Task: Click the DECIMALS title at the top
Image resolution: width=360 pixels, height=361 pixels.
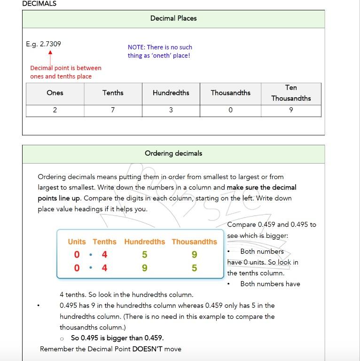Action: click(x=39, y=4)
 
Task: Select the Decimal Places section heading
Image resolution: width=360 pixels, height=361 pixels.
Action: click(x=173, y=18)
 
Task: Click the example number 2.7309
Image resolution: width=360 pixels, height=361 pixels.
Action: click(x=43, y=44)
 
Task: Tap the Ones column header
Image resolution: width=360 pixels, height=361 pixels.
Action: click(x=55, y=93)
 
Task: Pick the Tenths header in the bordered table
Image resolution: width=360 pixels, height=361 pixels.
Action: click(x=113, y=93)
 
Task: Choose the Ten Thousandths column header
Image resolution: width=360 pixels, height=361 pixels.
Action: click(x=291, y=93)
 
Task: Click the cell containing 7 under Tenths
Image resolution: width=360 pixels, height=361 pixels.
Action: click(x=113, y=110)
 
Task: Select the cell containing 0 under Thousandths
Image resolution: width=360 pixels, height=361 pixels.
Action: click(x=230, y=110)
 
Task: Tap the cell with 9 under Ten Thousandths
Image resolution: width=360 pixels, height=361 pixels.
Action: click(x=291, y=110)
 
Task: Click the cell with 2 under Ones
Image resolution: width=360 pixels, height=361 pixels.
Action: click(x=55, y=110)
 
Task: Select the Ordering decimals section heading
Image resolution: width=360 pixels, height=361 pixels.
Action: click(x=173, y=153)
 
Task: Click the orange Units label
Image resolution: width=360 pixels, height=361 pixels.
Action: click(x=77, y=242)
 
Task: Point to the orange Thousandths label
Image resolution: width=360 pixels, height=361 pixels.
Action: click(x=194, y=242)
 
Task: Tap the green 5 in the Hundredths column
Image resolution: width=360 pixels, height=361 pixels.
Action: click(x=145, y=255)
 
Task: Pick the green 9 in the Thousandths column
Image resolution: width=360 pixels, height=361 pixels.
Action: click(x=194, y=255)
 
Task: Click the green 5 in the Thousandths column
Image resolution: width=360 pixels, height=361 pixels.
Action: click(x=194, y=268)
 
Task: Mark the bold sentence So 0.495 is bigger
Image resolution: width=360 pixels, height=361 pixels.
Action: click(x=117, y=338)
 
